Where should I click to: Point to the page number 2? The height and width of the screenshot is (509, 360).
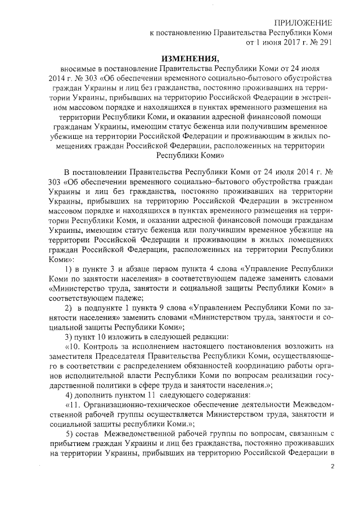click(x=332, y=466)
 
